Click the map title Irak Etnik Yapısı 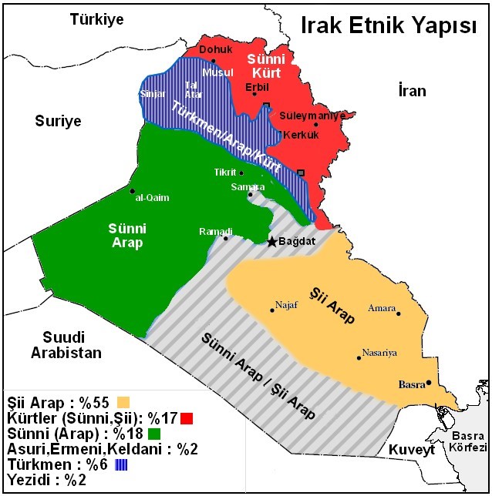pos(388,26)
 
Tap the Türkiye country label pos(96,19)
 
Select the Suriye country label pos(58,121)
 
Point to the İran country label pos(412,91)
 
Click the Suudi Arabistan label pos(66,346)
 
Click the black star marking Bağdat pos(271,242)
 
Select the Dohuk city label pos(215,50)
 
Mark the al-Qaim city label pos(152,197)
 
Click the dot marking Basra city pos(429,382)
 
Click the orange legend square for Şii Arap pos(122,401)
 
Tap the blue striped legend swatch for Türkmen pos(122,465)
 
